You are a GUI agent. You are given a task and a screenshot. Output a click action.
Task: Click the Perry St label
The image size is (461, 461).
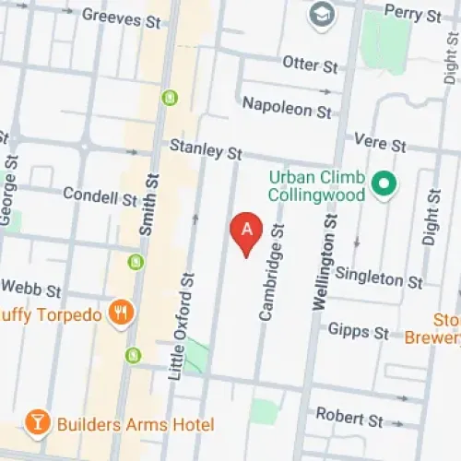412,15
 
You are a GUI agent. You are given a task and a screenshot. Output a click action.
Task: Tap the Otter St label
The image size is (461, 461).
310,65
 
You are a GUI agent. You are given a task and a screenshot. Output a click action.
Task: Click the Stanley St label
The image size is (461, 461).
206,148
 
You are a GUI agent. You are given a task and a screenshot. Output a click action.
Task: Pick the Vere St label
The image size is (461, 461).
381,145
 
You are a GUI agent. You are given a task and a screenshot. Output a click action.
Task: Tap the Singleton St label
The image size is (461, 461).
379,276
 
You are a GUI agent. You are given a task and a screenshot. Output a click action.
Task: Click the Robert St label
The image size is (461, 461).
349,417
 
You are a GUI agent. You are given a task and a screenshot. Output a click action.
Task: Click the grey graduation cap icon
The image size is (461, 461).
323,15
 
